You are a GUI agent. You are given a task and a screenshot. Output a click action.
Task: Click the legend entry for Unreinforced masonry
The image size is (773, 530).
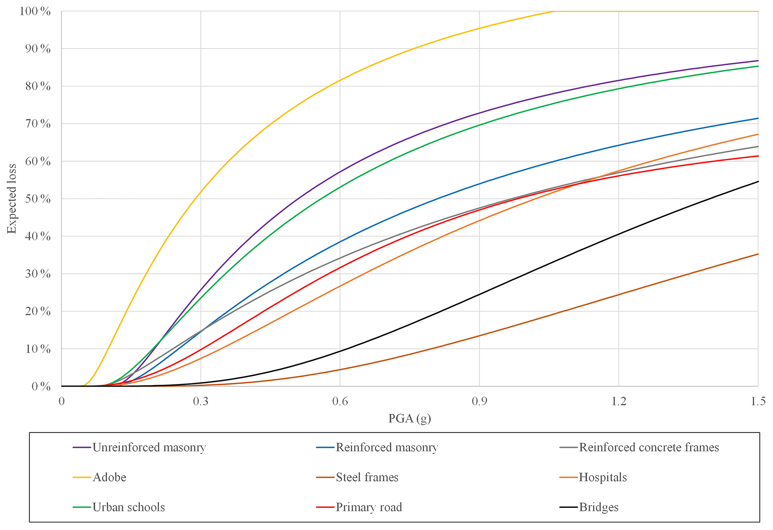pyautogui.click(x=149, y=447)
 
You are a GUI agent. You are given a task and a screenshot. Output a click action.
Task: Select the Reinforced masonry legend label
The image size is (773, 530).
pyautogui.click(x=387, y=447)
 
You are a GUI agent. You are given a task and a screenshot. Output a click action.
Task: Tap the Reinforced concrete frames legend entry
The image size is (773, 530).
pyautogui.click(x=649, y=447)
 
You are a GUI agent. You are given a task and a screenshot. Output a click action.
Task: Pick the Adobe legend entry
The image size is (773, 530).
pyautogui.click(x=109, y=477)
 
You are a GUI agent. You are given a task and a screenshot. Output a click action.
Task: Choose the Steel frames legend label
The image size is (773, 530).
pyautogui.click(x=367, y=477)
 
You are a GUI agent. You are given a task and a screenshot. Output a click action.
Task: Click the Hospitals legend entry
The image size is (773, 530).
pyautogui.click(x=602, y=477)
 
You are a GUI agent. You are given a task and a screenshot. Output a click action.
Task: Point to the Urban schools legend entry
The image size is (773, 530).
pyautogui.click(x=129, y=507)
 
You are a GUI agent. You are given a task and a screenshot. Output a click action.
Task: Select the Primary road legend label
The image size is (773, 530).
pyautogui.click(x=369, y=507)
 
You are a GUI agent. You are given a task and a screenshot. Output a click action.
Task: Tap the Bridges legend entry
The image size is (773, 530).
pyautogui.click(x=598, y=507)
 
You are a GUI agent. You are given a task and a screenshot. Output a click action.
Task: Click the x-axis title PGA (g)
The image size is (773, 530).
pyautogui.click(x=409, y=418)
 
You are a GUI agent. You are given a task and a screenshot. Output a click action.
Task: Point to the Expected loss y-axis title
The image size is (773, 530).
pyautogui.click(x=12, y=199)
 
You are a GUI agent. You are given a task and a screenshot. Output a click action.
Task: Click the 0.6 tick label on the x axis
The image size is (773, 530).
pyautogui.click(x=340, y=401)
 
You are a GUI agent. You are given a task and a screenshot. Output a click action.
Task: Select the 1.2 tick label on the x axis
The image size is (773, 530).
pyautogui.click(x=619, y=401)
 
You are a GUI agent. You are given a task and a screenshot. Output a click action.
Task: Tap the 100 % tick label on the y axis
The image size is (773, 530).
pyautogui.click(x=35, y=11)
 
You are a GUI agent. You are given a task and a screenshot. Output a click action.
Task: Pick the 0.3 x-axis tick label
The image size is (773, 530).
pyautogui.click(x=200, y=401)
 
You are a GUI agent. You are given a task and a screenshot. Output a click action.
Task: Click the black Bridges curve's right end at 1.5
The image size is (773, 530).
pyautogui.click(x=758, y=181)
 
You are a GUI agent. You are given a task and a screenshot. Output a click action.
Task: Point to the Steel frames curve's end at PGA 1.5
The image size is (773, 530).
pyautogui.click(x=758, y=254)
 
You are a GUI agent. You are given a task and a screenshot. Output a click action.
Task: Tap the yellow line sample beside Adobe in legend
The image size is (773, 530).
pyautogui.click(x=82, y=477)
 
